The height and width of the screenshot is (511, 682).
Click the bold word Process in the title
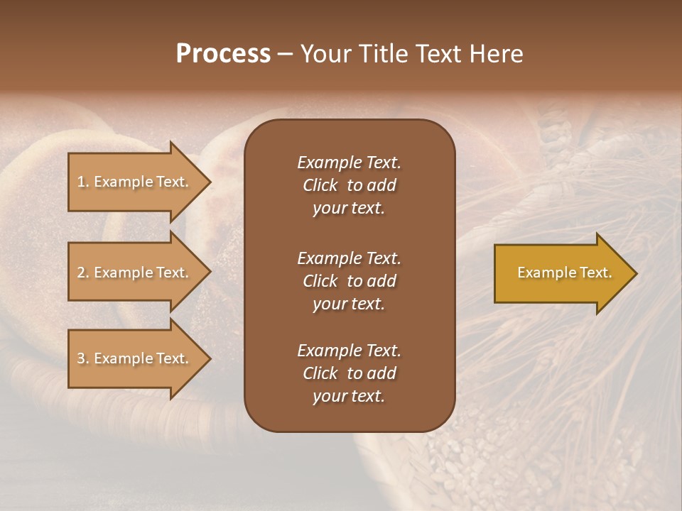[223, 54]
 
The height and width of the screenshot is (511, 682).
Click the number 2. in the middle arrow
[83, 273]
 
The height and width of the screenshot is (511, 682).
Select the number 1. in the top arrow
[83, 182]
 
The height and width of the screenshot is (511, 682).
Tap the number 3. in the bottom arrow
[83, 358]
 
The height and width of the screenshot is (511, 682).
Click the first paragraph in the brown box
[349, 185]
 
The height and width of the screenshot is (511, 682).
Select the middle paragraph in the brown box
[349, 280]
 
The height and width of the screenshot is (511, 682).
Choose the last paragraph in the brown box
[349, 373]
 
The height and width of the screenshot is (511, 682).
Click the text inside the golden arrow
[564, 273]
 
